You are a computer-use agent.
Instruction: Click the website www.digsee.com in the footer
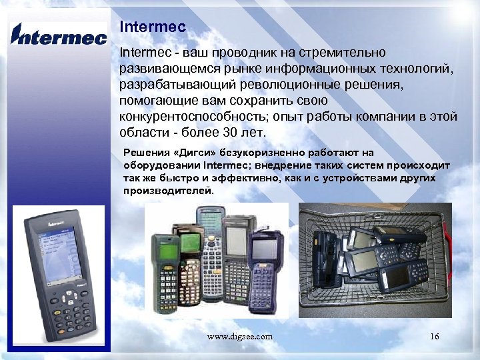(x=239, y=337)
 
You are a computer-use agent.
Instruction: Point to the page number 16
(x=435, y=337)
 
